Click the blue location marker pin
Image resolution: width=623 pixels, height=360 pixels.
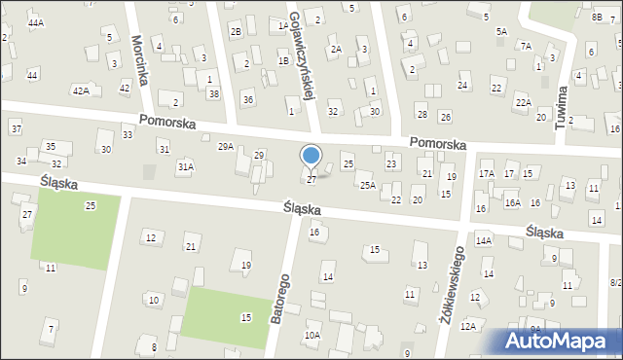pyautogui.click(x=311, y=157)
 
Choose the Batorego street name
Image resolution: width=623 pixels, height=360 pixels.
pyautogui.click(x=282, y=290)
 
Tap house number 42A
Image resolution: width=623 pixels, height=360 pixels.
pyautogui.click(x=81, y=90)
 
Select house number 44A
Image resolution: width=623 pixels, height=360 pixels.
pyautogui.click(x=36, y=22)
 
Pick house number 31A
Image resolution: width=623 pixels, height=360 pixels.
pyautogui.click(x=185, y=166)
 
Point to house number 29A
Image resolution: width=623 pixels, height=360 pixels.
pyautogui.click(x=225, y=146)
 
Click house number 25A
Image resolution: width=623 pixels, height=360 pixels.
pyautogui.click(x=367, y=185)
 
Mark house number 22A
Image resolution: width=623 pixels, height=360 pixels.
pyautogui.click(x=523, y=102)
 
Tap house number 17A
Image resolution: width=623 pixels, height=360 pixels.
pyautogui.click(x=487, y=173)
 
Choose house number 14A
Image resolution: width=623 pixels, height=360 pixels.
pyautogui.click(x=484, y=239)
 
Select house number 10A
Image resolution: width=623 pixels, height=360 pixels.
pyautogui.click(x=311, y=335)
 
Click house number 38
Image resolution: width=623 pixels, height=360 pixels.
pyautogui.click(x=213, y=93)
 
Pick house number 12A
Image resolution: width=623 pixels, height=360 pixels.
pyautogui.click(x=468, y=326)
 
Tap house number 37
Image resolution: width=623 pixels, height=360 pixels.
pyautogui.click(x=16, y=128)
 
